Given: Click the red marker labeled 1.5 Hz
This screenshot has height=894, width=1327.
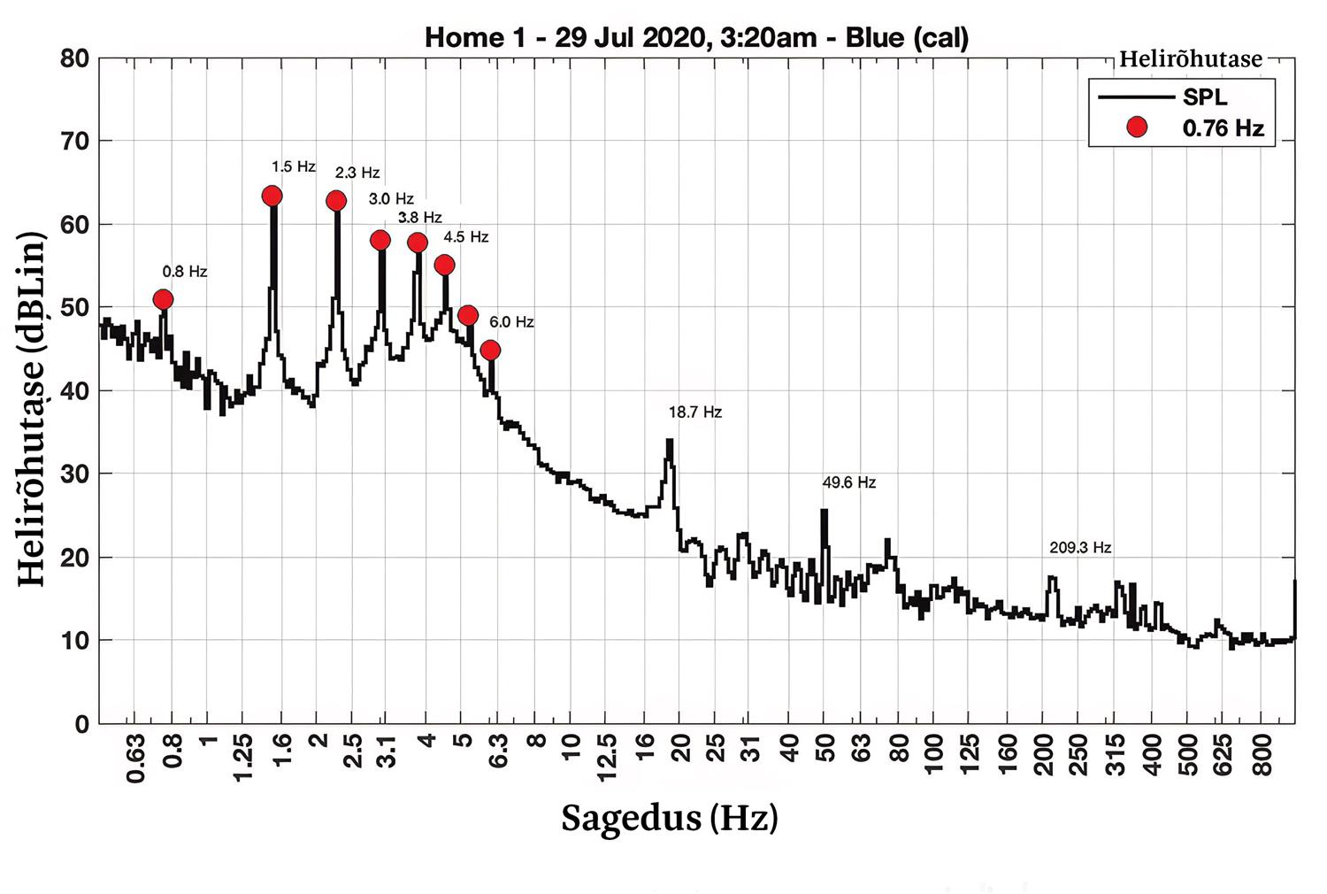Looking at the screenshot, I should [272, 196].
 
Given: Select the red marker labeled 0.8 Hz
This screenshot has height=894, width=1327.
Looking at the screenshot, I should [163, 299].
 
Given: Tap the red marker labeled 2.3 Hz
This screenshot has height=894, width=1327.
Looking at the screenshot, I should [336, 201].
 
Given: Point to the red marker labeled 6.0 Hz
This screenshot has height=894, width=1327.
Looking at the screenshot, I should [491, 351].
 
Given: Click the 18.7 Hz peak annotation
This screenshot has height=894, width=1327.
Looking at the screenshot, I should [695, 412].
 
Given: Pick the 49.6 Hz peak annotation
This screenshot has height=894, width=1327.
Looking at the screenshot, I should [849, 482].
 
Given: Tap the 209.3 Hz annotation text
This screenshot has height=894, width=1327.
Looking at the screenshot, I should [1080, 548].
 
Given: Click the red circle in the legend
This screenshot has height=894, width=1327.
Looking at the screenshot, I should [1137, 127].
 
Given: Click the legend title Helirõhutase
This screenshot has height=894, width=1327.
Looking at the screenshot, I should [1191, 59].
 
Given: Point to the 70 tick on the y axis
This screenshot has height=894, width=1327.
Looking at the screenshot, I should [75, 141].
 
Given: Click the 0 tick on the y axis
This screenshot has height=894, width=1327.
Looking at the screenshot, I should [82, 724].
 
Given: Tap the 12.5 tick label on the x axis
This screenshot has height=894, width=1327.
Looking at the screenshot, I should [607, 758].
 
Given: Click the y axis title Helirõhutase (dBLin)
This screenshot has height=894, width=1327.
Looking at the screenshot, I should [32, 408].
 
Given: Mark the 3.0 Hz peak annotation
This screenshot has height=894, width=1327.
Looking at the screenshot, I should [391, 199].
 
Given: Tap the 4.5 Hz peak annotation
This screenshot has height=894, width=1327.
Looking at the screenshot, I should [466, 237].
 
